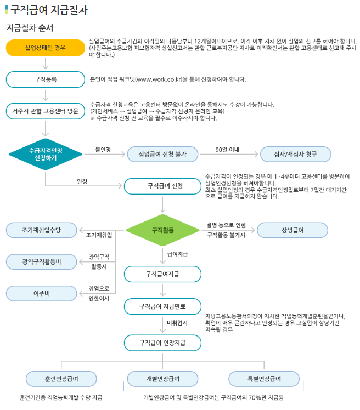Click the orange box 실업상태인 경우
point(45,48)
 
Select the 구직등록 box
point(45,79)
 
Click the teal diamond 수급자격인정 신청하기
point(45,154)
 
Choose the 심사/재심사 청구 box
point(296,154)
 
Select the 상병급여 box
point(292,230)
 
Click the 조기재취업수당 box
point(41,230)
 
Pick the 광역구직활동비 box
point(41,261)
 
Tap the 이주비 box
point(41,293)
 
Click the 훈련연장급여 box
point(61,379)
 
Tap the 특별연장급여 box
point(264,379)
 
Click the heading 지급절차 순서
point(30,27)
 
